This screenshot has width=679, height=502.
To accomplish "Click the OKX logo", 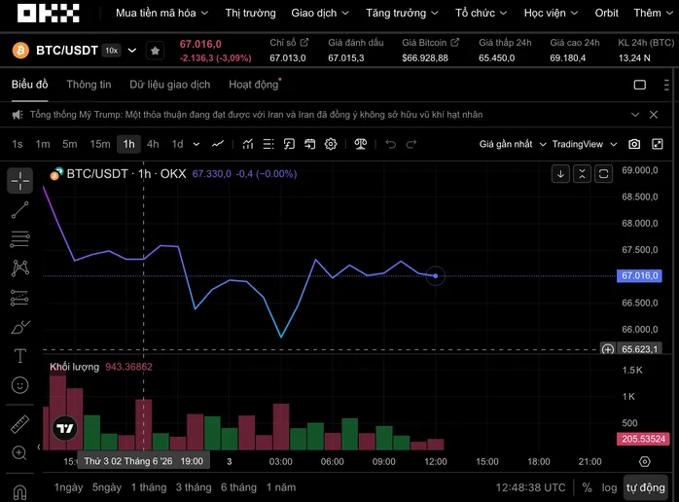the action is pyautogui.click(x=48, y=13).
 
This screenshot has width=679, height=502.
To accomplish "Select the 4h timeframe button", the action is pyautogui.click(x=153, y=144).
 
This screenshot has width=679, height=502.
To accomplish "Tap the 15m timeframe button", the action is pyautogui.click(x=100, y=144).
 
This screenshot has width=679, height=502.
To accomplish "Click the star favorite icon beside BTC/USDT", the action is pyautogui.click(x=155, y=51).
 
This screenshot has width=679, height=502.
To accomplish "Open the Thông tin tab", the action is pyautogui.click(x=89, y=85).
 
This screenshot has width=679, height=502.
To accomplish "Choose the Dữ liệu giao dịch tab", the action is pyautogui.click(x=169, y=85).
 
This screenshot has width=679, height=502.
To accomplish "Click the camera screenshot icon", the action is pyautogui.click(x=634, y=144).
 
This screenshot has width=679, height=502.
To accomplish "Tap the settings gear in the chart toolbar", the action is pyautogui.click(x=331, y=144).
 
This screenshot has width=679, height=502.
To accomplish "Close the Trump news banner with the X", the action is pyautogui.click(x=654, y=115).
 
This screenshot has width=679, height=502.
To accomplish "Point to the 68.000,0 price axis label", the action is pyautogui.click(x=639, y=224).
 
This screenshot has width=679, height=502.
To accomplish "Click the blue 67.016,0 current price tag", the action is pyautogui.click(x=639, y=276).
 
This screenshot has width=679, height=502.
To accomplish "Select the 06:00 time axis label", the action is pyautogui.click(x=332, y=462).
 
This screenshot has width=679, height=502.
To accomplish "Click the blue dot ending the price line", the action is pyautogui.click(x=436, y=276).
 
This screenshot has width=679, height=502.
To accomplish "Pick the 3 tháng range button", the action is pyautogui.click(x=194, y=487).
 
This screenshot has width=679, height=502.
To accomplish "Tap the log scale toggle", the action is pyautogui.click(x=609, y=487).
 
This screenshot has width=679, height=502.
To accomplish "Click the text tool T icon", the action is pyautogui.click(x=19, y=356).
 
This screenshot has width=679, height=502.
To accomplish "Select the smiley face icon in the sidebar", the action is pyautogui.click(x=19, y=385).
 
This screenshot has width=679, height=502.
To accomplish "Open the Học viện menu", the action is pyautogui.click(x=551, y=13).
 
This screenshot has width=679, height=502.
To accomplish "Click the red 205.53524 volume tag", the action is pyautogui.click(x=643, y=439).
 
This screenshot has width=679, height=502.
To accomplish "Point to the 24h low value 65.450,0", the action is pyautogui.click(x=497, y=58).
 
